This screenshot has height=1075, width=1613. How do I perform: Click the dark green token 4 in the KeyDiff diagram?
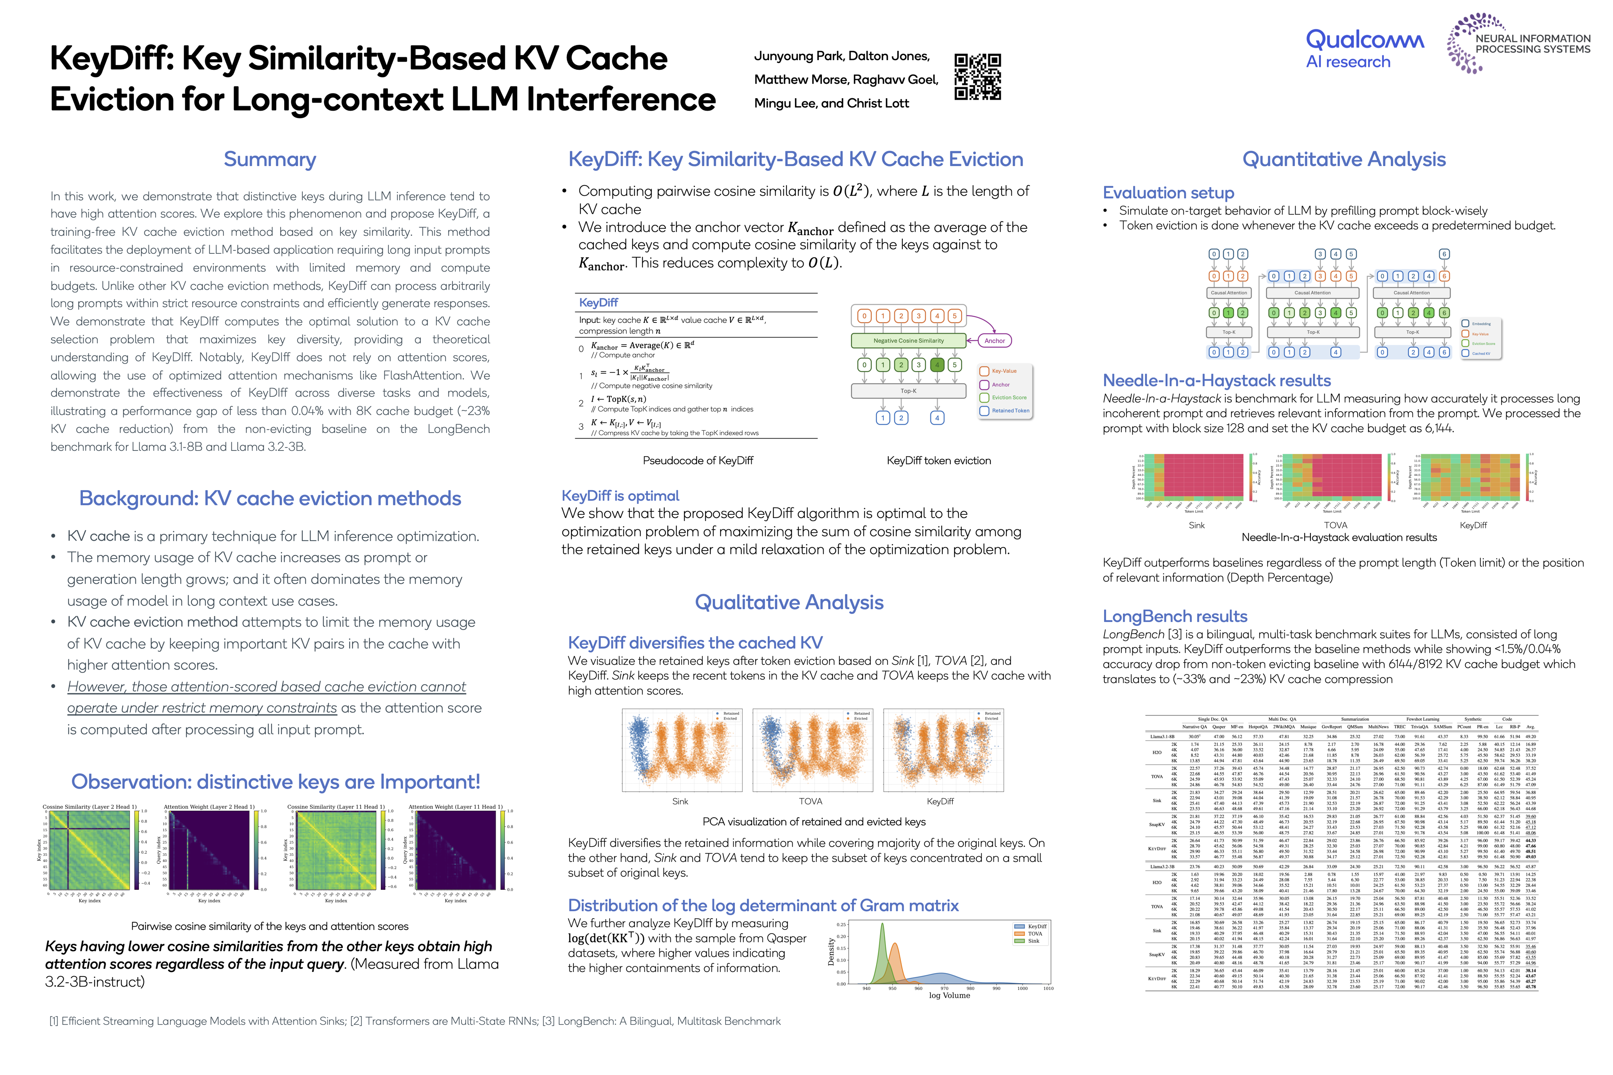pos(937,365)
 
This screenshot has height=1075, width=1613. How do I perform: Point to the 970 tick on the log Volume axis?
pos(944,988)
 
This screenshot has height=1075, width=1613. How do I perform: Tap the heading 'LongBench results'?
pos(1175,616)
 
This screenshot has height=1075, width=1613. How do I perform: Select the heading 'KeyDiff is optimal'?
pos(620,496)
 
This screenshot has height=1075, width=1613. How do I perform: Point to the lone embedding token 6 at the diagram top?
pos(1444,254)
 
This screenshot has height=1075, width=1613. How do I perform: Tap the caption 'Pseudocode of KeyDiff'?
pos(697,461)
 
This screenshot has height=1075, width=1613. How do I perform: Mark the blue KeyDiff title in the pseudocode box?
pos(598,302)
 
